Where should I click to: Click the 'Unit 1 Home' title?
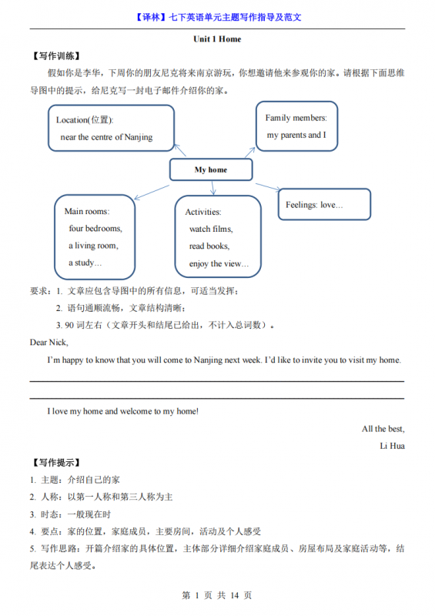[217, 39]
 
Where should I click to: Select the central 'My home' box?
[210, 169]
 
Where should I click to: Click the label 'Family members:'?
[296, 118]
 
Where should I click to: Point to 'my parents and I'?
[296, 135]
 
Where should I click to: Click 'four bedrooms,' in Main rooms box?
[95, 229]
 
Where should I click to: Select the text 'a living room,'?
[93, 246]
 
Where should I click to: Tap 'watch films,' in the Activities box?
[211, 229]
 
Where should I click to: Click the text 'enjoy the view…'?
[219, 263]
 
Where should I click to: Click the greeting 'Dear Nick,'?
[49, 342]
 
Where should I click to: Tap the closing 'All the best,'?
[383, 429]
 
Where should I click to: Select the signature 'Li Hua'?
[392, 446]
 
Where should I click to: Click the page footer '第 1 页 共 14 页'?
[216, 595]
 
